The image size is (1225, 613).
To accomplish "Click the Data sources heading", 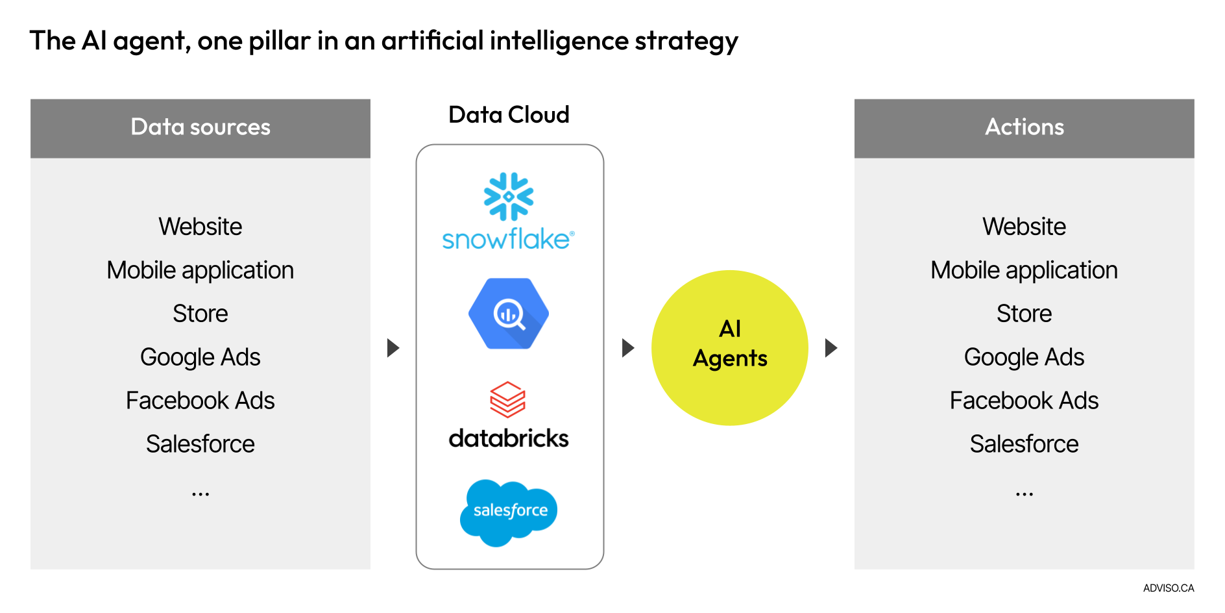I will (200, 127).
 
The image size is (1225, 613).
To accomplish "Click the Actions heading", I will (1024, 127).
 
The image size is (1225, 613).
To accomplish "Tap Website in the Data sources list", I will (200, 227).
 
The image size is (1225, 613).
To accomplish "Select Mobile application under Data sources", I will (200, 270).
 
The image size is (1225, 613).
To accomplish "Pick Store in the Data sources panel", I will (200, 314).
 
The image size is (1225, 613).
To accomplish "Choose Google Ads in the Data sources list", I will (200, 357).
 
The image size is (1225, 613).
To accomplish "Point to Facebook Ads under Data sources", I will (200, 401).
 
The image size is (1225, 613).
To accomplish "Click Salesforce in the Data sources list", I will (200, 444).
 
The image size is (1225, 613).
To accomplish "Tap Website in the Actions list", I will (1024, 227).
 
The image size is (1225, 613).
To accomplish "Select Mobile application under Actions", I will (1024, 270).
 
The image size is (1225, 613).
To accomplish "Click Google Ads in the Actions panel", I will (1024, 357).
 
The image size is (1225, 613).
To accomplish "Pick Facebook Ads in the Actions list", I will (1024, 401).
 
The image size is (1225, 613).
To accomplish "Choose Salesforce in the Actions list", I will (1024, 444).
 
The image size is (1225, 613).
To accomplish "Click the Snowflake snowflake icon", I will (509, 196).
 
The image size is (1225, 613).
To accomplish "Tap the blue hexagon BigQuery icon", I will (509, 314).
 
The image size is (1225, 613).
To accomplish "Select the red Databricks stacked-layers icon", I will (508, 399).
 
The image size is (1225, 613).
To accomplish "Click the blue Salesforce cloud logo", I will (509, 512).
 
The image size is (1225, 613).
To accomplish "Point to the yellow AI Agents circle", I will (730, 348).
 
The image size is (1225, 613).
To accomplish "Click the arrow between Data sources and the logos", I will (393, 348).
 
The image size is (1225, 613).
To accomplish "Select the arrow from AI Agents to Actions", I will (831, 348).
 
